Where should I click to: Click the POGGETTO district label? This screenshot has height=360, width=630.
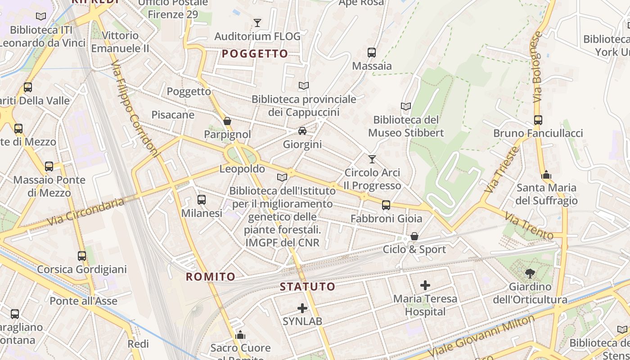(x=255, y=54)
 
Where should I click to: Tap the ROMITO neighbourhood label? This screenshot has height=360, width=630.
(x=211, y=277)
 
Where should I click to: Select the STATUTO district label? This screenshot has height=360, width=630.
(x=308, y=287)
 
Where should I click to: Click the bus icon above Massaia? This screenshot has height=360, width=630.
(x=371, y=52)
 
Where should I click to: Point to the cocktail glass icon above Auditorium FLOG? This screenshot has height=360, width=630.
(x=257, y=23)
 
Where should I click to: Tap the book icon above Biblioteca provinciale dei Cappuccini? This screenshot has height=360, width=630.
(x=304, y=85)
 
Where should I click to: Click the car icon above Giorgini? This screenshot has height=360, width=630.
(x=302, y=131)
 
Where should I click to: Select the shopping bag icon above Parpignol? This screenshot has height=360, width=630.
(x=227, y=121)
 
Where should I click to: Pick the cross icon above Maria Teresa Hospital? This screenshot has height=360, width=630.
(x=425, y=285)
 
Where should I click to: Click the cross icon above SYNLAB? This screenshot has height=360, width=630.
(x=302, y=308)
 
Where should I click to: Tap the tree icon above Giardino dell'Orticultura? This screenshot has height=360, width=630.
(x=530, y=273)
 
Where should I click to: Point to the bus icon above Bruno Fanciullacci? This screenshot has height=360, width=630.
(x=538, y=120)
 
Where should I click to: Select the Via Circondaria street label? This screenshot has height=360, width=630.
(x=85, y=212)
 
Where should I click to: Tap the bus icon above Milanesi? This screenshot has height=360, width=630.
(x=202, y=200)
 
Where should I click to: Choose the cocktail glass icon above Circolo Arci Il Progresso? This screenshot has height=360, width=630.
(x=372, y=159)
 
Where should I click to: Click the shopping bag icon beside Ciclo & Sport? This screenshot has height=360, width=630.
(x=414, y=236)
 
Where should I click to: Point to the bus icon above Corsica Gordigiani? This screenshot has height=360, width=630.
(x=82, y=256)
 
